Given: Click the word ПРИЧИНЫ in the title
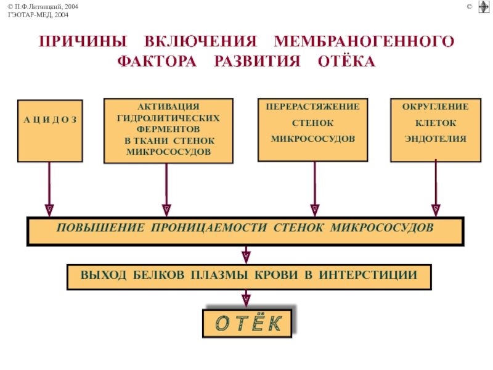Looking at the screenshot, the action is pos(83,41).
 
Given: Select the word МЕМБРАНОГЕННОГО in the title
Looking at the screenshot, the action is pos(364,41).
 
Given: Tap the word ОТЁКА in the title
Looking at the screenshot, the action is pos(346,61).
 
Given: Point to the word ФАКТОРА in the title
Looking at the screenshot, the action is pos(157,61).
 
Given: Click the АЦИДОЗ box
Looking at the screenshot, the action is pos(50,131).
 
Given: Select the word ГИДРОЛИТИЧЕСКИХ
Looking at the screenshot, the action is pos(168,118).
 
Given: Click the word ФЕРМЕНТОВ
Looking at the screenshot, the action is pos(168,129).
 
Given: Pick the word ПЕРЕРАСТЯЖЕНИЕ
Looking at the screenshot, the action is pos(313,107).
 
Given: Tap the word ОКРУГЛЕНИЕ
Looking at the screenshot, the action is pos(436,107).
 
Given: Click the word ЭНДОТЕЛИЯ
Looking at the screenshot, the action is pos(436,139).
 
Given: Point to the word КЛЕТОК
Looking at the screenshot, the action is pos(436,123).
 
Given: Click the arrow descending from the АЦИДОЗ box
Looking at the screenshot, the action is pos(49,189).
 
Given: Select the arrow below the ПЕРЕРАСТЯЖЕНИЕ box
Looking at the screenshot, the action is pos(315,189).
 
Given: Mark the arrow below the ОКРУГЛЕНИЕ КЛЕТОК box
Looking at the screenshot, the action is pos(436,188).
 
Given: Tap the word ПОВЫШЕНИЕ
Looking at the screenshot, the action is pos(100,228).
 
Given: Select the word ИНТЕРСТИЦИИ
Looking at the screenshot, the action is pos(368,274).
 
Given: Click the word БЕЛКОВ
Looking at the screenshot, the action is pos(159,274).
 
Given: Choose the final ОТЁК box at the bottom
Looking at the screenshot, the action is pos(248,323).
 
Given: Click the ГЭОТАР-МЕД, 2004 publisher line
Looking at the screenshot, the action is pos(38,15).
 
